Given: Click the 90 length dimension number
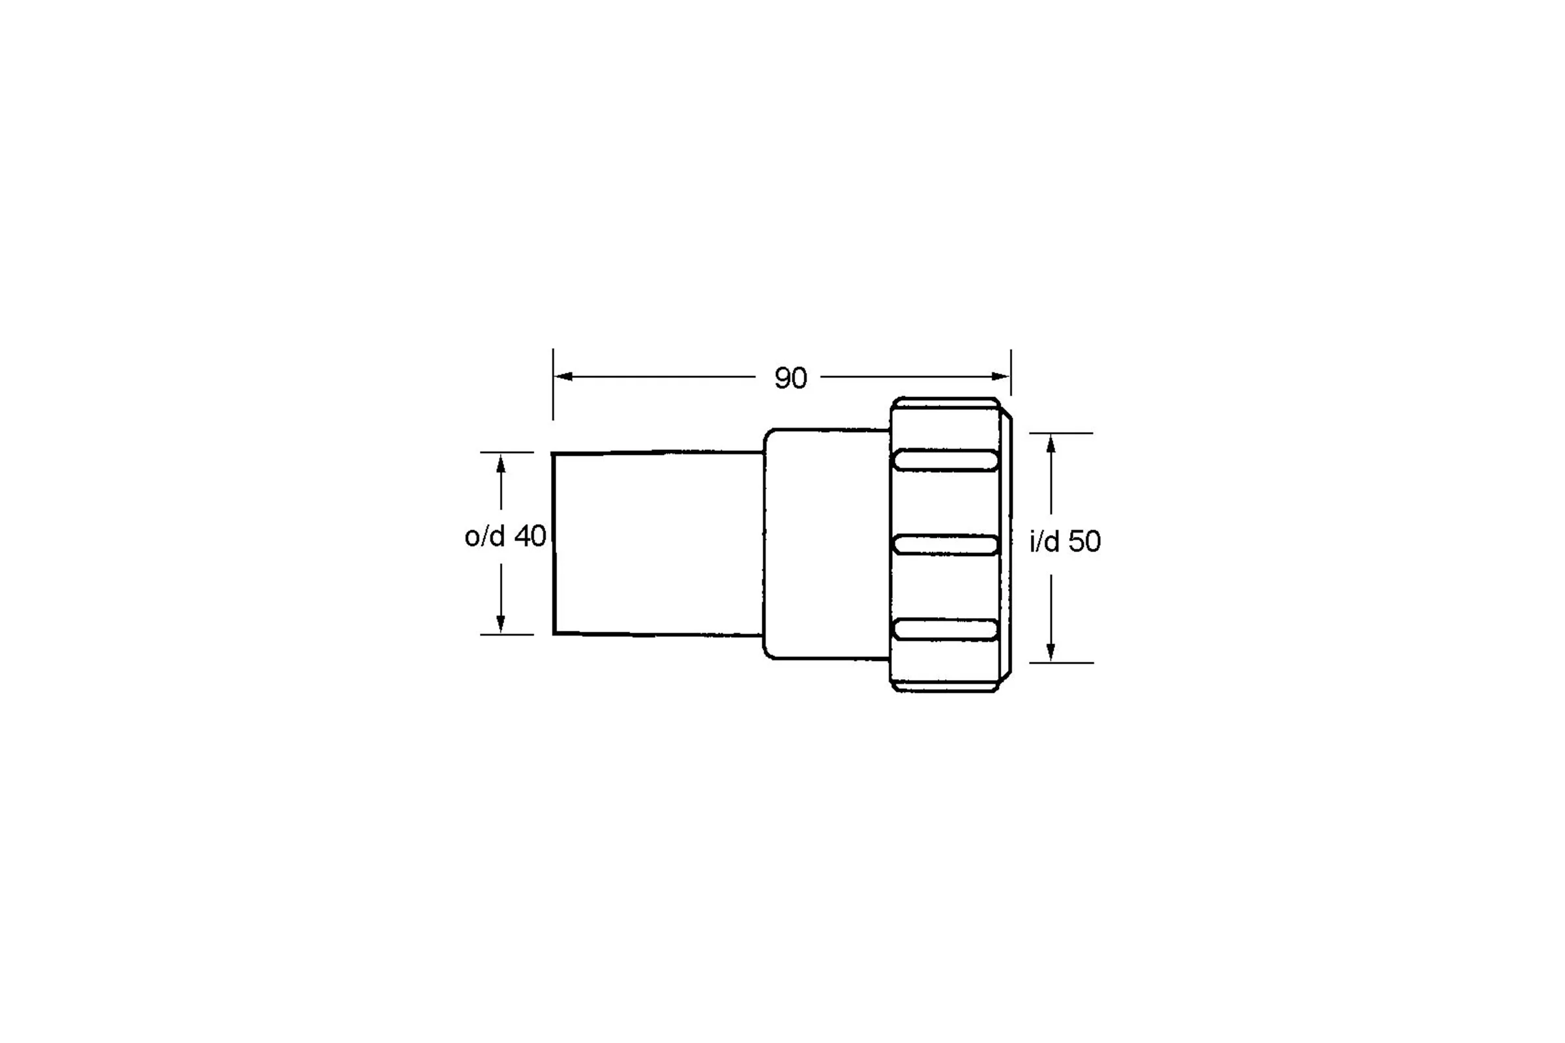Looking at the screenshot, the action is pyautogui.click(x=790, y=378).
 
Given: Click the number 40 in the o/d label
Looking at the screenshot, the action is pyautogui.click(x=529, y=536).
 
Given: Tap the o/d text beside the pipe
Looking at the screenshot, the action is pyautogui.click(x=485, y=536).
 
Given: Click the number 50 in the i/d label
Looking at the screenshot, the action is pyautogui.click(x=1084, y=542).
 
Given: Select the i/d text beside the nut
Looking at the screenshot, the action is pyautogui.click(x=1045, y=542).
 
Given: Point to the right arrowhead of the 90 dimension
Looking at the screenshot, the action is pyautogui.click(x=1001, y=377).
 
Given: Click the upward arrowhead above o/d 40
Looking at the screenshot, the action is pyautogui.click(x=501, y=463).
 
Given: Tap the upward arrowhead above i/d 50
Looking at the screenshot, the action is pyautogui.click(x=1051, y=444).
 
